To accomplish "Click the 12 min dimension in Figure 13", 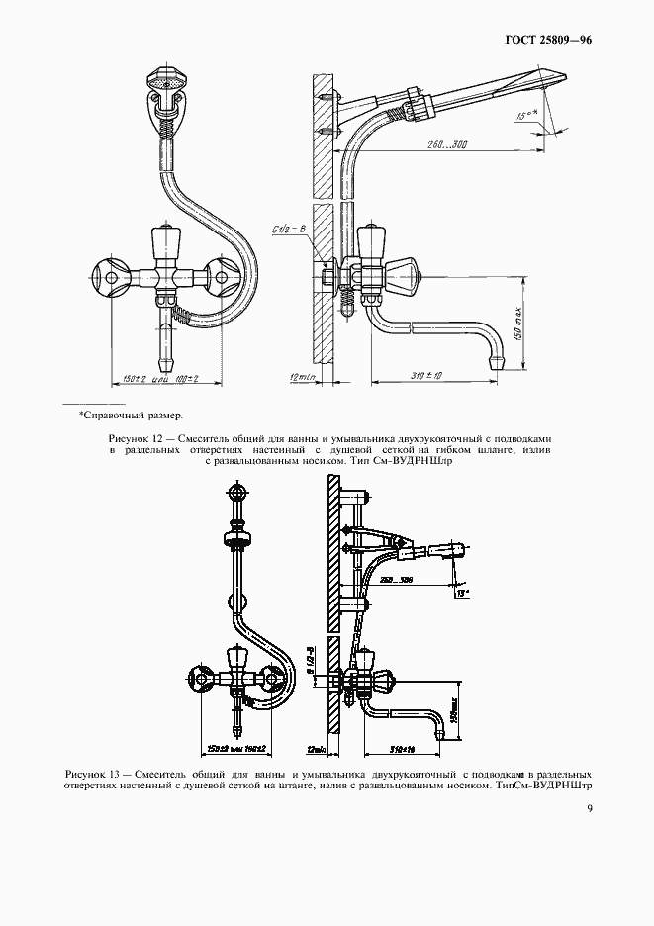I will click(318, 748).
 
